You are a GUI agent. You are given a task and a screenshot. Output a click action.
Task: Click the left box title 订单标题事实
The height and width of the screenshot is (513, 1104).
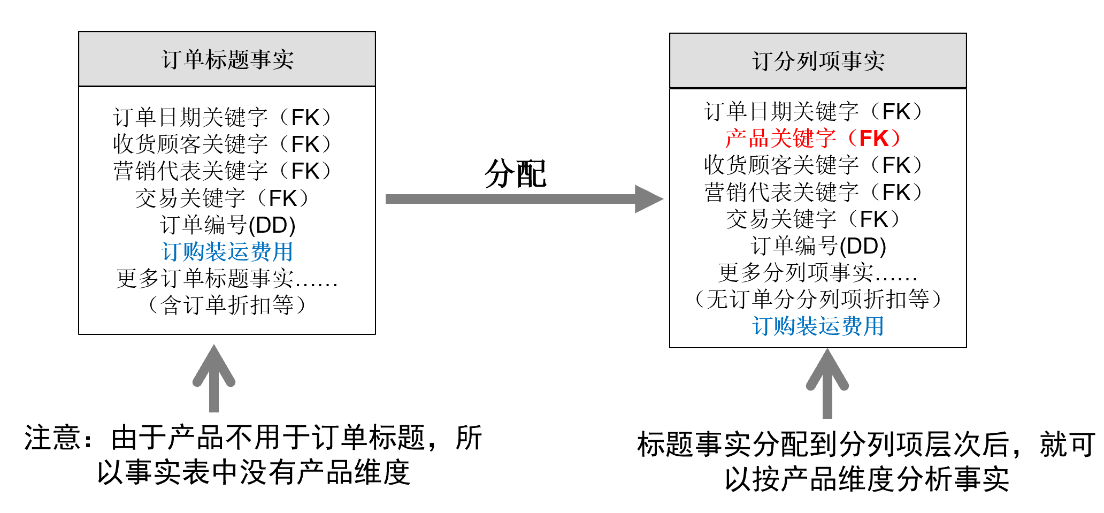point(227,59)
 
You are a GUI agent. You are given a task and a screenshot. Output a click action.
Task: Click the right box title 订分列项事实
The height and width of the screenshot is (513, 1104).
point(818,61)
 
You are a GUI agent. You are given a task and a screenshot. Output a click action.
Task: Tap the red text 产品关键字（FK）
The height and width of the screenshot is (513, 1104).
point(812,139)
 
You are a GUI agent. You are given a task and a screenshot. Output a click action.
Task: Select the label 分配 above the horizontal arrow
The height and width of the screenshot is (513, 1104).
point(515,174)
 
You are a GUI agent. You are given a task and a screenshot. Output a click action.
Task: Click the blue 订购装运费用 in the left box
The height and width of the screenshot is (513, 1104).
point(227,251)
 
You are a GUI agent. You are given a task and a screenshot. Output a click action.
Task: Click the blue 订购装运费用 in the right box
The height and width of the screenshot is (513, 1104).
point(818,326)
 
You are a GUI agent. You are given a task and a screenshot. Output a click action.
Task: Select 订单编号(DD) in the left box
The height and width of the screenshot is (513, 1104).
point(227,225)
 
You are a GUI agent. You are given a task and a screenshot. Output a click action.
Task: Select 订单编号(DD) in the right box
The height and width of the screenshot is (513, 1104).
point(818,246)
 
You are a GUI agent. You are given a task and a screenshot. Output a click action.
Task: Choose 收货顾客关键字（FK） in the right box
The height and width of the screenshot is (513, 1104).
point(812,165)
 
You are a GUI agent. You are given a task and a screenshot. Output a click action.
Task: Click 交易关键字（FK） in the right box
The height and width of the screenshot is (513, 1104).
point(812,219)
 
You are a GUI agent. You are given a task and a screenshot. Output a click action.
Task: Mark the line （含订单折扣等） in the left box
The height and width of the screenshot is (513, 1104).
point(227,305)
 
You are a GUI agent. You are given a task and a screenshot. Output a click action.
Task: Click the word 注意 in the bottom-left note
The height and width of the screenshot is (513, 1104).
point(52,438)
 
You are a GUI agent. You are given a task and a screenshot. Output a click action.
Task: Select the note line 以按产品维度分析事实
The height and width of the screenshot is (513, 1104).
point(867,479)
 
